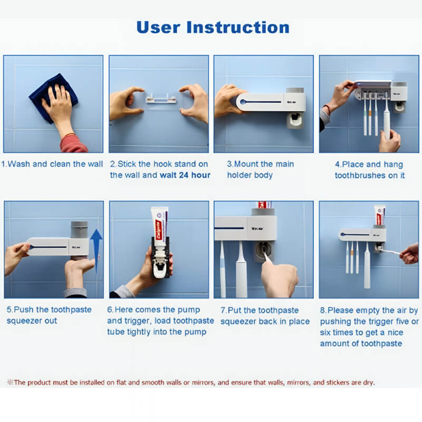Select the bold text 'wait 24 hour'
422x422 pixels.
pos(185,175)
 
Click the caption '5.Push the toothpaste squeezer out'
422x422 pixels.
pos(49,315)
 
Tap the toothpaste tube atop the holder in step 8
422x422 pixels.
pos(380,215)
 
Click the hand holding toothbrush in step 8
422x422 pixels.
pos(410,254)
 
